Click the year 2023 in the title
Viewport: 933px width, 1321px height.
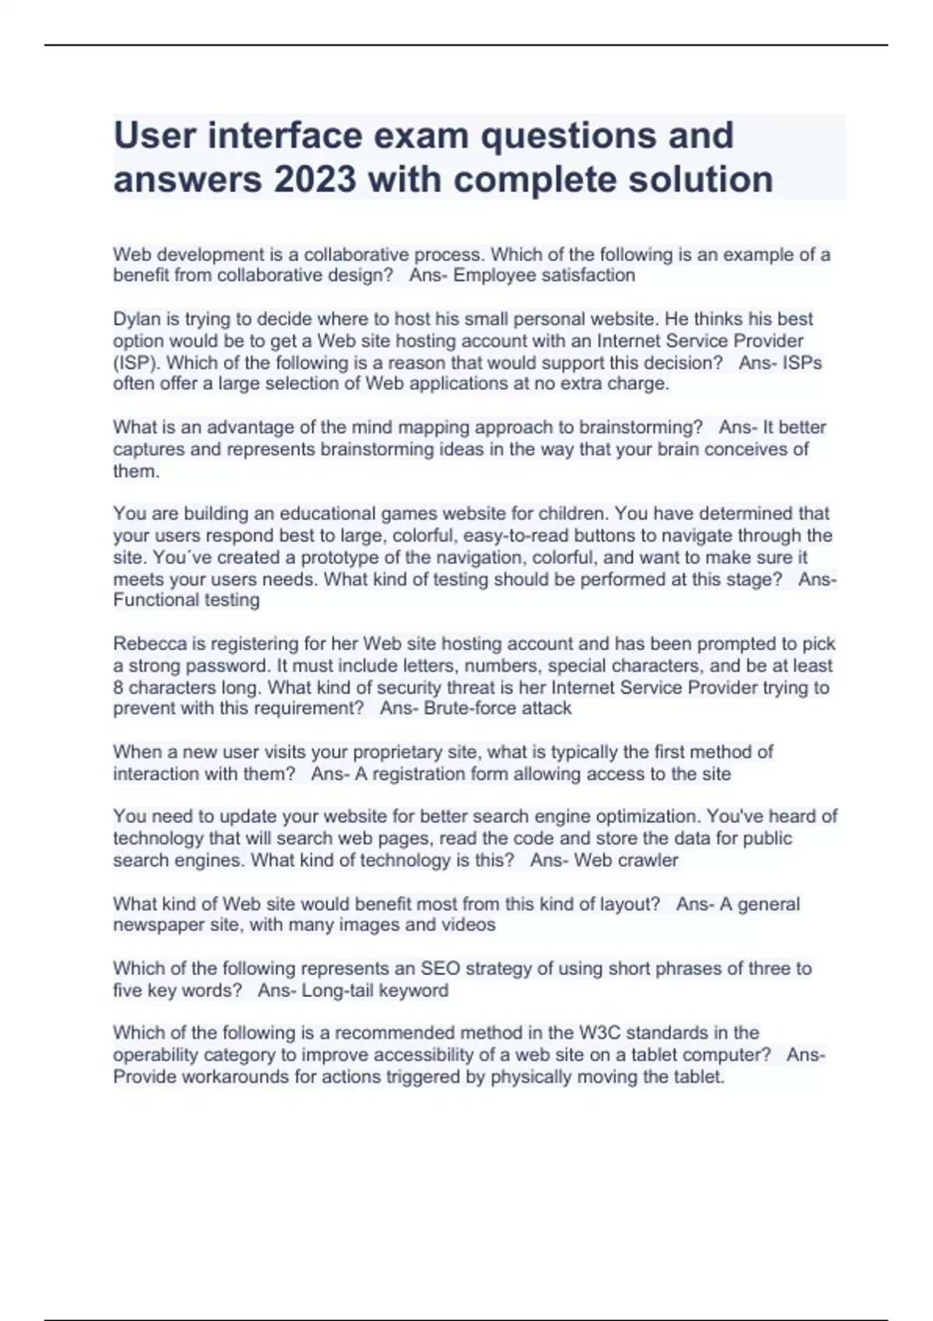click(314, 180)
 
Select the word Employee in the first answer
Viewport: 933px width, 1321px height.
click(493, 276)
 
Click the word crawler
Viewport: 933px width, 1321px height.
click(647, 861)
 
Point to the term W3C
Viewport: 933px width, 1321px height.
click(599, 1033)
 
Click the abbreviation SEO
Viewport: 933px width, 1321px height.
click(439, 969)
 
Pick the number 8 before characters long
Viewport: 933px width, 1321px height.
click(117, 688)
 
